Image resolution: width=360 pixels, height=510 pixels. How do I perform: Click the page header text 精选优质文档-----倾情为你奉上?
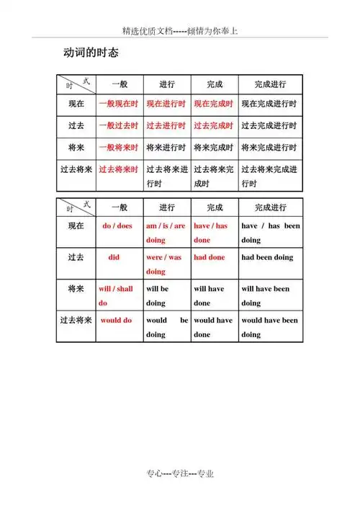tap(180, 32)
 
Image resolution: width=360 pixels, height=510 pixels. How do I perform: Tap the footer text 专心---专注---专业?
tap(180, 473)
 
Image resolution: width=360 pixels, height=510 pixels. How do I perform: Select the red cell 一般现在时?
tap(118, 104)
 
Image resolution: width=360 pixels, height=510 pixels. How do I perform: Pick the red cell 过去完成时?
tap(213, 126)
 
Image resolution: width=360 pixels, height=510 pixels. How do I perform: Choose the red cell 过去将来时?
tap(118, 170)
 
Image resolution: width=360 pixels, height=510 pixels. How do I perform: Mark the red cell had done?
tap(210, 257)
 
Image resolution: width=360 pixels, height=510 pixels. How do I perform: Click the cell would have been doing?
tap(269, 327)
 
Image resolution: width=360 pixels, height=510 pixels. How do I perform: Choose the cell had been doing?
tap(267, 257)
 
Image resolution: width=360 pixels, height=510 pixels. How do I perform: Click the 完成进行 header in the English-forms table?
tap(270, 207)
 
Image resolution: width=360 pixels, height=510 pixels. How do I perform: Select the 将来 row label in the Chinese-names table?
tap(76, 148)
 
